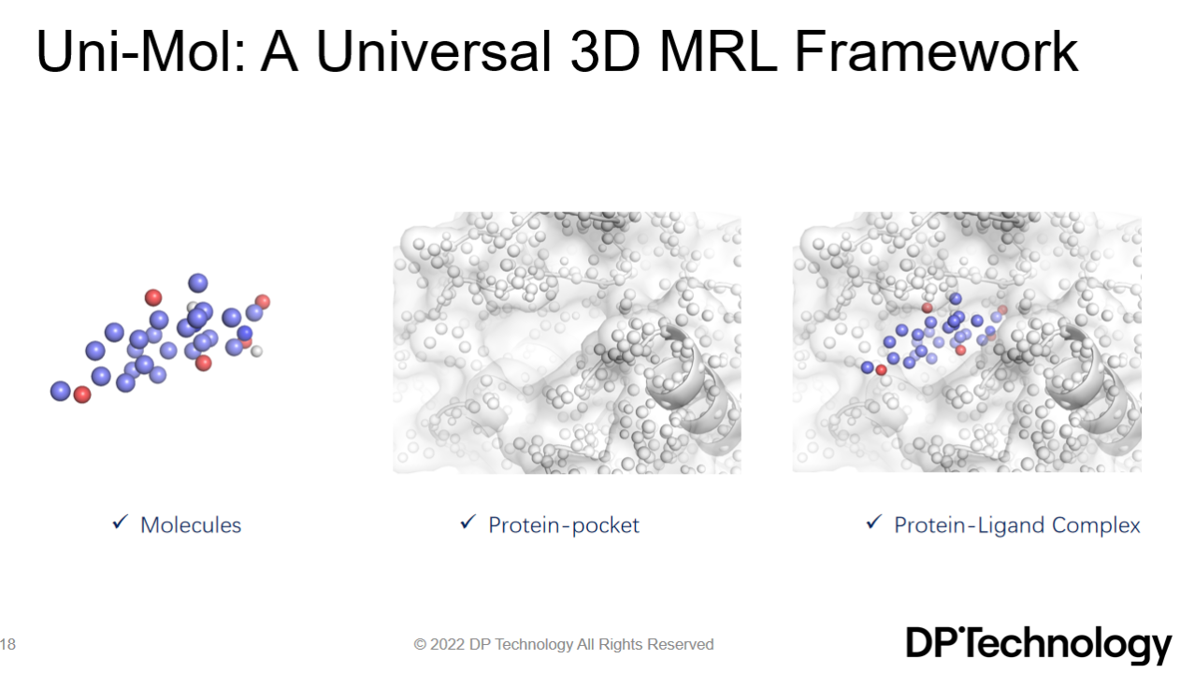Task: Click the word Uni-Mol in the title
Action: [x=140, y=51]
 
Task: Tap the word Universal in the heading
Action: [x=434, y=51]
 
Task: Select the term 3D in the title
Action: [x=606, y=51]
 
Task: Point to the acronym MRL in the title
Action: [x=718, y=51]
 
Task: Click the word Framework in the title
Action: [x=937, y=51]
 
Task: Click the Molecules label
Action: [x=191, y=525]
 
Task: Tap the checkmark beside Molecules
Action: [x=120, y=523]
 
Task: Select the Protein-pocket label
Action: [x=564, y=525]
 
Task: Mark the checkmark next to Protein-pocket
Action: [x=468, y=523]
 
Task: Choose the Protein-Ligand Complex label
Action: [x=1017, y=525]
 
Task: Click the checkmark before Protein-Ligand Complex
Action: [x=873, y=523]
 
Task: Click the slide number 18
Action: [x=7, y=644]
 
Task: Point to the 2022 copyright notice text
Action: [x=564, y=645]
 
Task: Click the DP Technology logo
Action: [x=1038, y=645]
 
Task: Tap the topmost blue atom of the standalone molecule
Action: [x=198, y=283]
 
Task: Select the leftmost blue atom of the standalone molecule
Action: [x=61, y=392]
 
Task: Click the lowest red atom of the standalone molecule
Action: [x=82, y=394]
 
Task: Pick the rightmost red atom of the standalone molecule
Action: [x=263, y=302]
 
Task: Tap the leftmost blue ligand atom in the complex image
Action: [x=867, y=367]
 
